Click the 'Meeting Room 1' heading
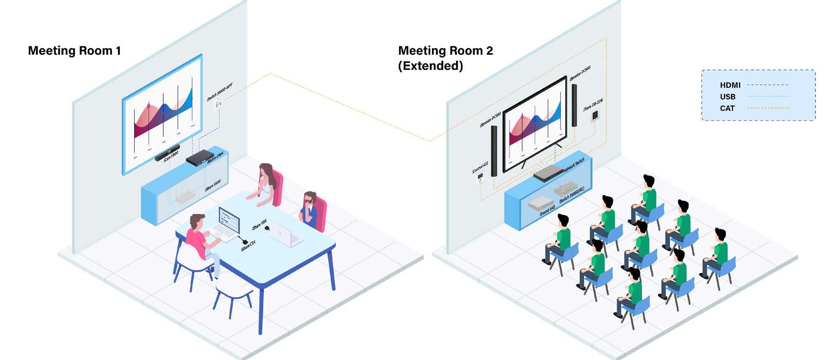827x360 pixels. (x=74, y=50)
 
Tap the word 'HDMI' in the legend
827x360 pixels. (x=730, y=85)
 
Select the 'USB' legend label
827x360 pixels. (x=728, y=97)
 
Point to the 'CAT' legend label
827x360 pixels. (x=727, y=108)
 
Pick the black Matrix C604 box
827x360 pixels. (x=200, y=157)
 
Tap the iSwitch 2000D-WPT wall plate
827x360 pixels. (x=218, y=104)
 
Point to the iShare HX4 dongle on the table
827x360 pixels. (x=267, y=229)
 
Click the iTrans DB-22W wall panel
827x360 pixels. (x=595, y=116)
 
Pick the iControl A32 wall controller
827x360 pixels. (x=481, y=177)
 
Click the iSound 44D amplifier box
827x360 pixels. (x=538, y=204)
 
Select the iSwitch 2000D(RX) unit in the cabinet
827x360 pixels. (x=565, y=188)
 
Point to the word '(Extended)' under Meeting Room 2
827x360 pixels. (x=430, y=66)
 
